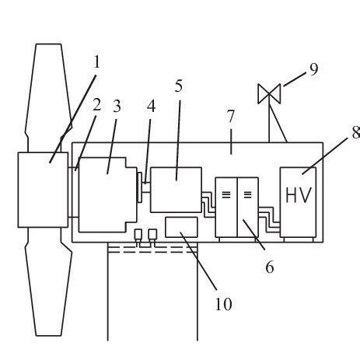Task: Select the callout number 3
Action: [117, 107]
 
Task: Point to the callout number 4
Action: [152, 107]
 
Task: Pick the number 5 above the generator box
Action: [178, 86]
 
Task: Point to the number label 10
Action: [222, 304]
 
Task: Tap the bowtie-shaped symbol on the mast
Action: [270, 93]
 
